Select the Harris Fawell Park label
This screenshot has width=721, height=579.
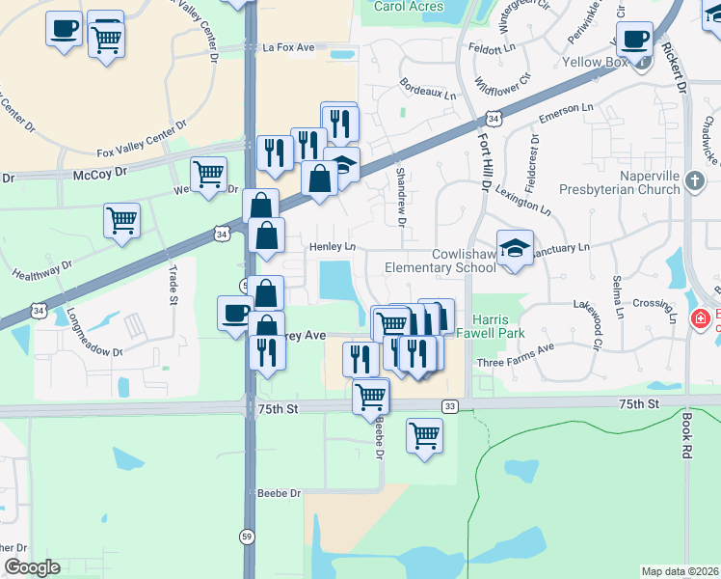click(498, 328)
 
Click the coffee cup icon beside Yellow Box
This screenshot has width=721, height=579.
click(634, 41)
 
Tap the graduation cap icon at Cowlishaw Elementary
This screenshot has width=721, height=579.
click(516, 247)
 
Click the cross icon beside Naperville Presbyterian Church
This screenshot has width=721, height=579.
click(694, 180)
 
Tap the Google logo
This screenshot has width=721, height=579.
click(32, 567)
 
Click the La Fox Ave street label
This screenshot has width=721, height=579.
click(289, 46)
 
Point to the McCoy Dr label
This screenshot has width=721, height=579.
click(100, 173)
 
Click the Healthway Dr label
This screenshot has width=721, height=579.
click(40, 270)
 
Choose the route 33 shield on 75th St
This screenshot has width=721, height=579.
click(450, 406)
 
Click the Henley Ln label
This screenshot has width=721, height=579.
click(333, 247)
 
